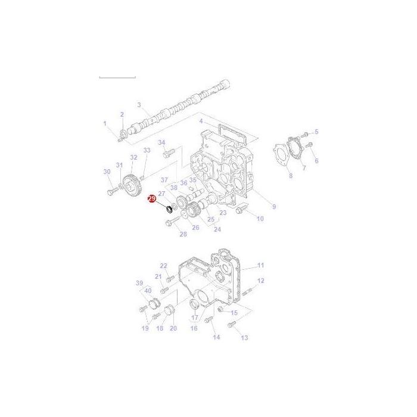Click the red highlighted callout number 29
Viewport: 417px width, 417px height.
(x=151, y=199)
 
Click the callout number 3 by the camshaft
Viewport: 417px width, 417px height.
(x=139, y=105)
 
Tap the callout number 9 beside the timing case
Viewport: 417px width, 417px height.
(x=274, y=207)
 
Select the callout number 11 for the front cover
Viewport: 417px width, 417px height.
(x=260, y=265)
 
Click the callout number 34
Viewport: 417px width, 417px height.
(x=161, y=143)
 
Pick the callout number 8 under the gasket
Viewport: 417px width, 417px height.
(x=290, y=176)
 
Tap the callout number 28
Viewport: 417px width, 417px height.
(x=183, y=234)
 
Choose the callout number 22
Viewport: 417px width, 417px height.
(x=164, y=266)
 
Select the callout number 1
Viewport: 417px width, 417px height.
(x=105, y=124)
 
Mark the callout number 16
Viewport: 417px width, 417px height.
(x=194, y=328)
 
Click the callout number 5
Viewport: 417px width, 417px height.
(x=316, y=132)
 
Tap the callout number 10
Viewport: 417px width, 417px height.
(x=260, y=219)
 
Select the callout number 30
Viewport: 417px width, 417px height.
(x=107, y=172)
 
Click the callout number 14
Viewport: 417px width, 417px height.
(x=216, y=337)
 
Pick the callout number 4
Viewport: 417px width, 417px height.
(x=201, y=122)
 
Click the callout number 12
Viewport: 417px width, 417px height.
(x=261, y=281)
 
